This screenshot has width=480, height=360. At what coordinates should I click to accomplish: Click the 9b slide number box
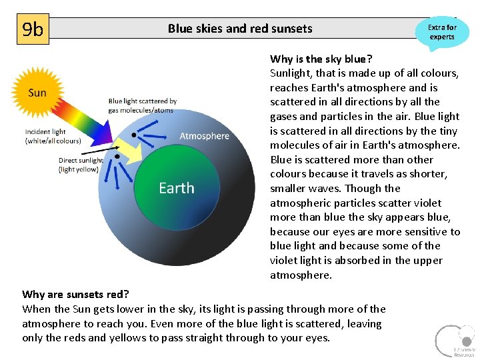[x=33, y=30]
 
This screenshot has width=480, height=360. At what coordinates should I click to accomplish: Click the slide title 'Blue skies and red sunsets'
[x=239, y=28]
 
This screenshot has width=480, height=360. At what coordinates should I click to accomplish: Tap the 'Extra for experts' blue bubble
[x=441, y=32]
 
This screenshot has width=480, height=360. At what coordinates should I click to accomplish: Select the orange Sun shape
[x=37, y=93]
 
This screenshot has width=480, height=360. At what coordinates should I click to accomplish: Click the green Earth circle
[x=177, y=200]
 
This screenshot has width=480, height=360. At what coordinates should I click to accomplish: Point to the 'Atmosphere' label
[x=204, y=136]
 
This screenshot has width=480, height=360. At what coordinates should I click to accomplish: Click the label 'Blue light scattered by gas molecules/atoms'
[x=142, y=105]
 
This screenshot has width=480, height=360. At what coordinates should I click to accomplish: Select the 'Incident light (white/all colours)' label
[x=53, y=136]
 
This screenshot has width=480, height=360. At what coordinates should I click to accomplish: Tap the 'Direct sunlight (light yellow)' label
[x=81, y=165]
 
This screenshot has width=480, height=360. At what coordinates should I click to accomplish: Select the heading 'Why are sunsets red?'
[x=75, y=294]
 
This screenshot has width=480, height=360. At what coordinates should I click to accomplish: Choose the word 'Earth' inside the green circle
[x=177, y=188]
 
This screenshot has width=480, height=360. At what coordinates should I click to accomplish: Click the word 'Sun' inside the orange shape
[x=37, y=93]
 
